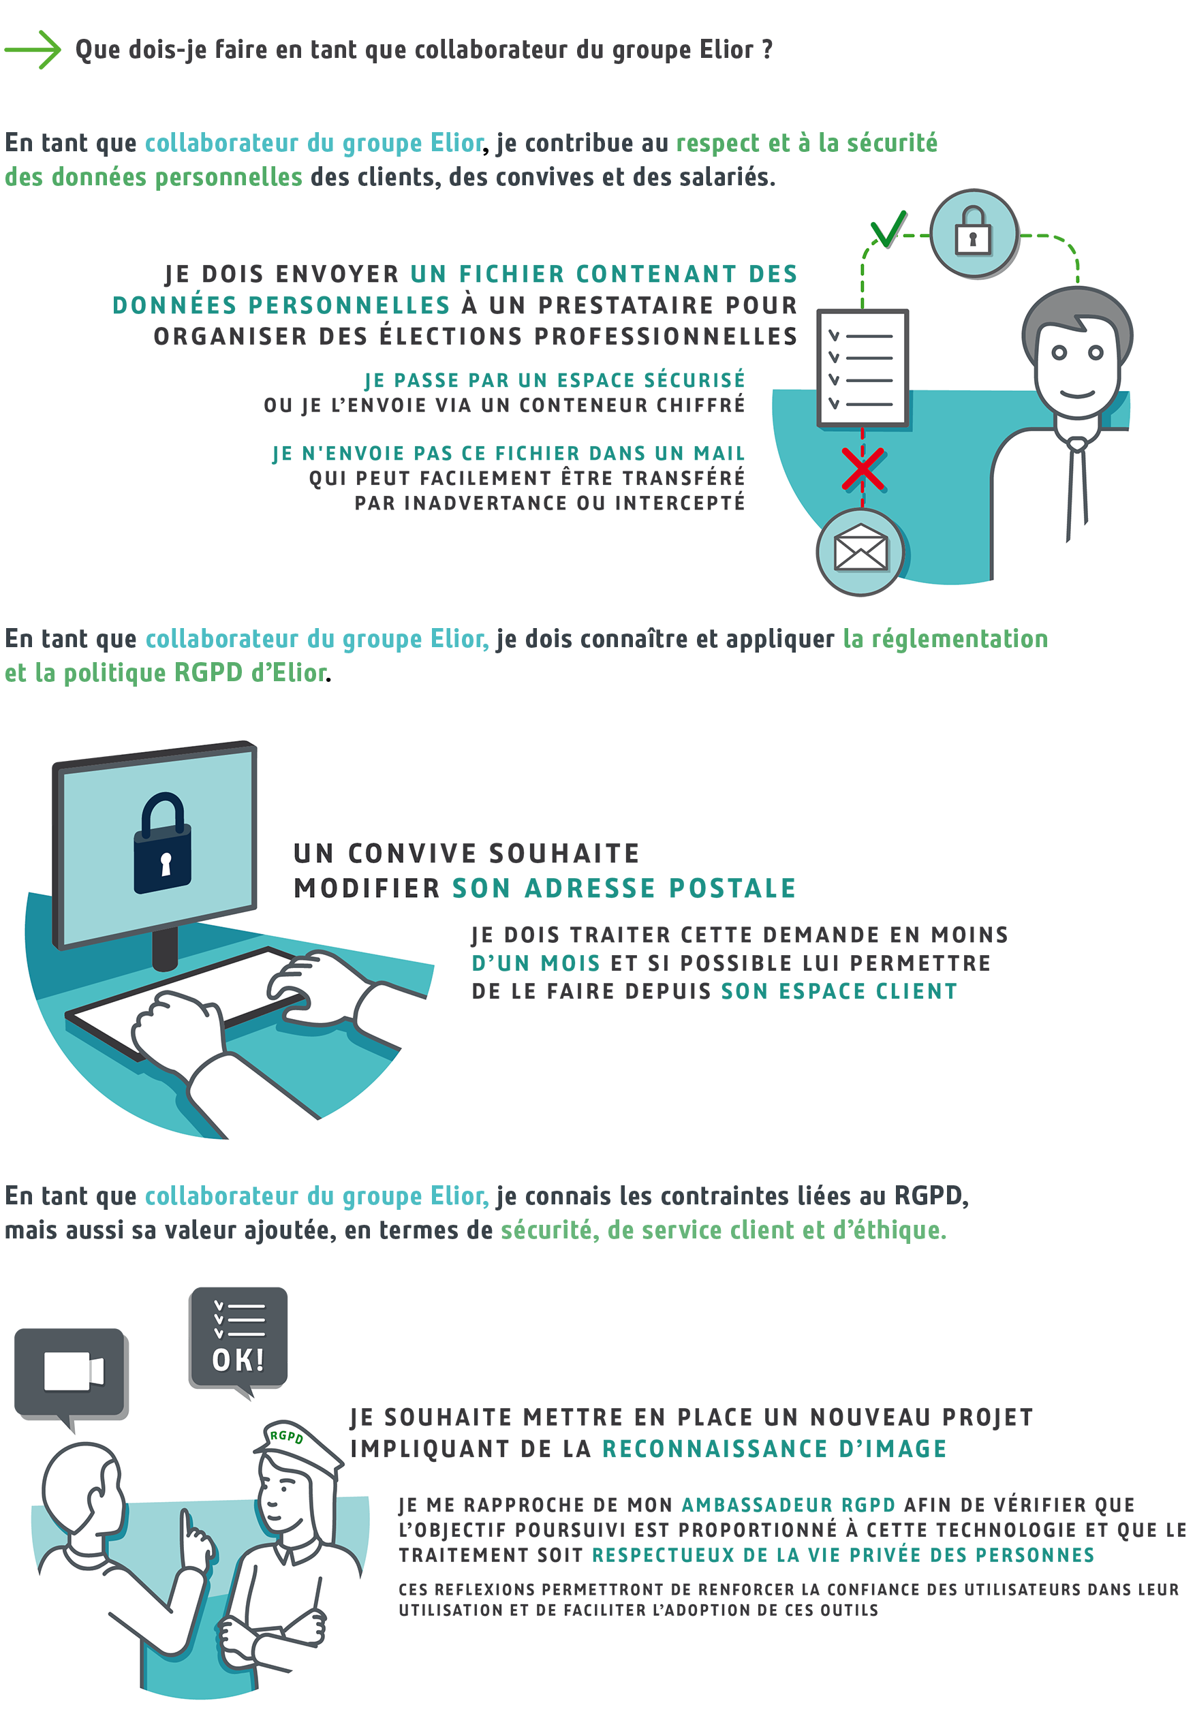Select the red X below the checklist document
[863, 469]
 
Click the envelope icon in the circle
[860, 552]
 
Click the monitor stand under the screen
[165, 947]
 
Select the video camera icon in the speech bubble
[73, 1371]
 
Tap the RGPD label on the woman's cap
[286, 1436]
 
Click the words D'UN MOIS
[535, 963]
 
